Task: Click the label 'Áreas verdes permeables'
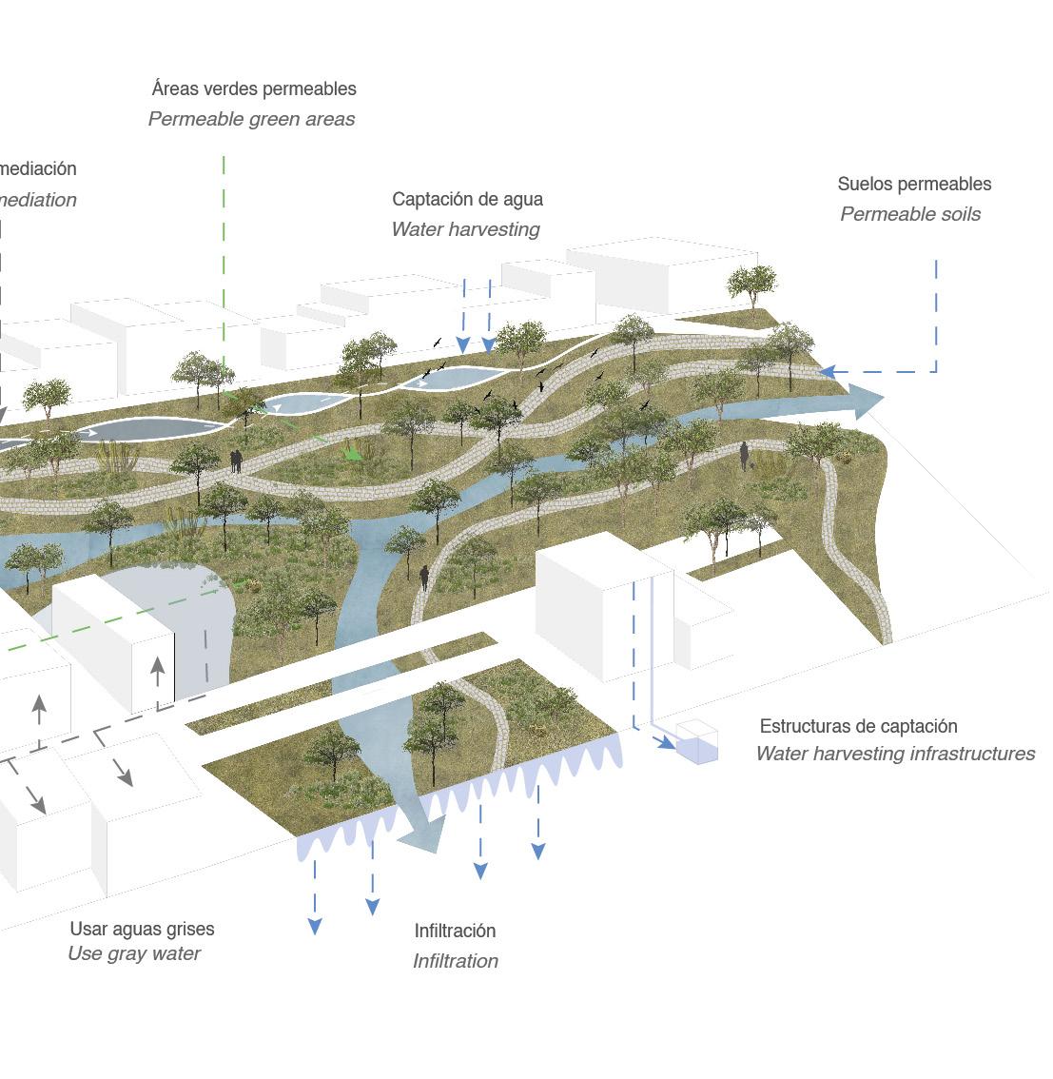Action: (254, 88)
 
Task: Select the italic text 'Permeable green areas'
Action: (251, 119)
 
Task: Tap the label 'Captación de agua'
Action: (467, 199)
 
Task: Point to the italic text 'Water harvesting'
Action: (465, 229)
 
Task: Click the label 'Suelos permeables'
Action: (914, 184)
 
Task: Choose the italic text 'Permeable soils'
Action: (910, 214)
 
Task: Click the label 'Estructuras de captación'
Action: (858, 726)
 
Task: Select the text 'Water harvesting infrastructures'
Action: (895, 754)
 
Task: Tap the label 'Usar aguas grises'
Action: (142, 929)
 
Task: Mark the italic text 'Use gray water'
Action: (134, 953)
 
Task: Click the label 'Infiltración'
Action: (455, 931)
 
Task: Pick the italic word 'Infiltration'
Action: (456, 961)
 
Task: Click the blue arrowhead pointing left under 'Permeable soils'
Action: (827, 372)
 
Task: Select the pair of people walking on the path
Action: (235, 461)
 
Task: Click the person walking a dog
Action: (745, 457)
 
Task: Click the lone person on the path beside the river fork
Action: (424, 577)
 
